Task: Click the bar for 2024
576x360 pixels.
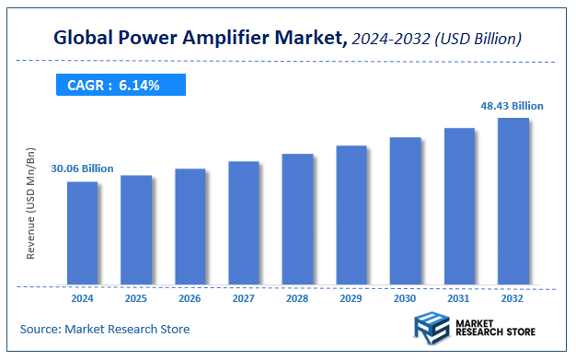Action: pos(82,233)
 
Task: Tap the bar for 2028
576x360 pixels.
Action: pos(297,219)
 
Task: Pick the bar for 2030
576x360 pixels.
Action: pos(405,211)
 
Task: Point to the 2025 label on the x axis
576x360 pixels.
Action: pos(136,298)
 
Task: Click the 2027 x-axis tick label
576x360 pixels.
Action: pos(244,298)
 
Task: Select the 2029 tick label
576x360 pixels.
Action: pos(351,298)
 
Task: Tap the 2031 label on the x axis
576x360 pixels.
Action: pos(459,298)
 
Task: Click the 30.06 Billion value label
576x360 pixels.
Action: pos(82,168)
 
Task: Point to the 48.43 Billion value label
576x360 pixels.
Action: pos(512,106)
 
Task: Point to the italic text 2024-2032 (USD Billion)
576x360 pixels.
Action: pos(437,39)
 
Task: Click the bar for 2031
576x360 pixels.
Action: pos(459,206)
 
